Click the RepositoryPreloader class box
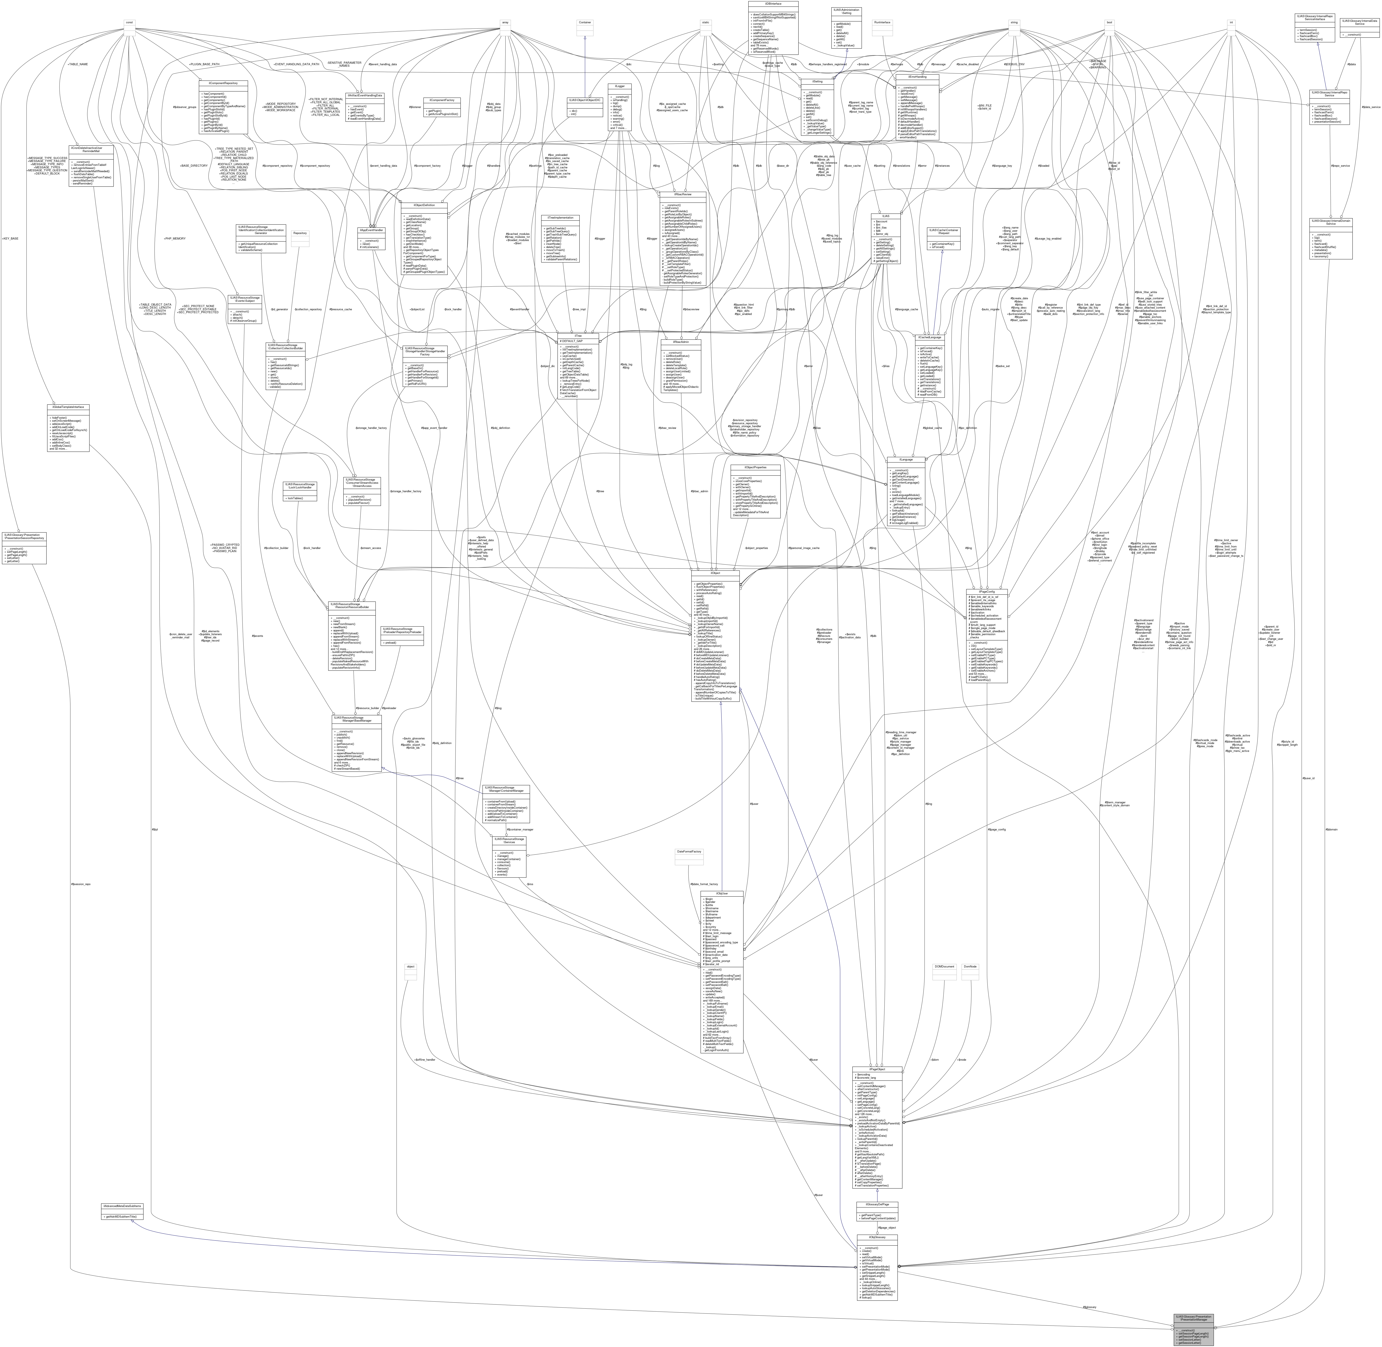402,635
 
